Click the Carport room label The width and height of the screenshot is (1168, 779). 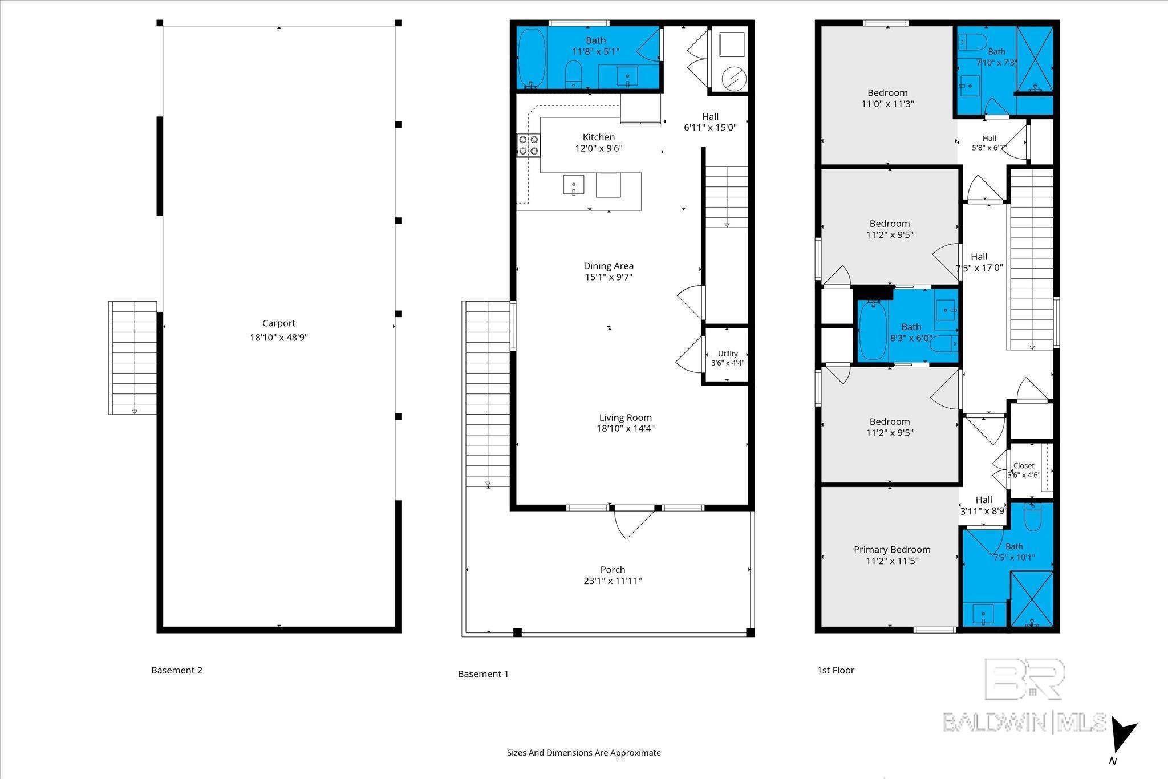[279, 323]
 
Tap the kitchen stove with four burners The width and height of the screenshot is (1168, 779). [529, 145]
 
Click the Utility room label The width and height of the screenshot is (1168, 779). [728, 354]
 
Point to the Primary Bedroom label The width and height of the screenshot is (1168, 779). [892, 550]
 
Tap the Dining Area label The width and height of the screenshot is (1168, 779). [609, 266]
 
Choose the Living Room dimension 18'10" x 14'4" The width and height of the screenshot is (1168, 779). [626, 429]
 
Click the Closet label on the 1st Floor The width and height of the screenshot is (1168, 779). [1024, 466]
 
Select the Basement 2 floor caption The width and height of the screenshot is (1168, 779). [177, 670]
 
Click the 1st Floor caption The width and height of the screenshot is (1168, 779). [836, 670]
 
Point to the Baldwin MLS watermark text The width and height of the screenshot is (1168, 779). [1024, 723]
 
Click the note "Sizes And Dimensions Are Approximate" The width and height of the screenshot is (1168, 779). [584, 753]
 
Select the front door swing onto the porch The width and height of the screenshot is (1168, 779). [634, 522]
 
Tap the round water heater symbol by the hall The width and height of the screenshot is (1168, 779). [732, 77]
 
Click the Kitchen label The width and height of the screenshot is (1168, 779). [599, 137]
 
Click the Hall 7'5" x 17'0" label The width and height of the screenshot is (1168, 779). [979, 262]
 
